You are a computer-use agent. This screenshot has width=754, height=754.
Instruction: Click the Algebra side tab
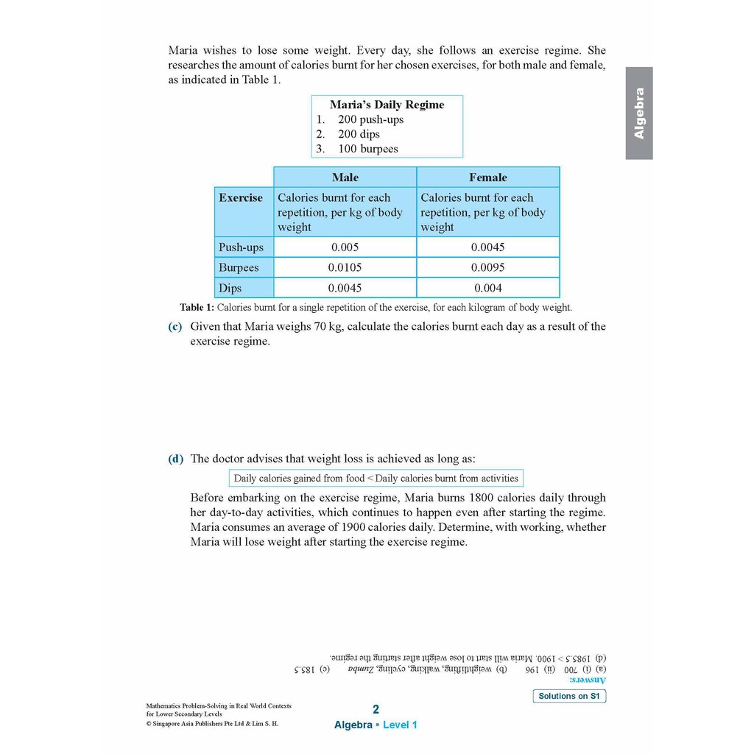point(638,113)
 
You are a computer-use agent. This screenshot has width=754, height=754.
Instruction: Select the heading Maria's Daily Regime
point(387,105)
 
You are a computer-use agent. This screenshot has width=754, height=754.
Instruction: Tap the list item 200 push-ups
point(370,119)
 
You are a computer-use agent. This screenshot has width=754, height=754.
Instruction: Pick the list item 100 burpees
point(367,149)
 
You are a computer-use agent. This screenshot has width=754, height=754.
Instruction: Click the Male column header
point(345,177)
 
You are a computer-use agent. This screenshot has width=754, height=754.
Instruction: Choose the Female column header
point(487,177)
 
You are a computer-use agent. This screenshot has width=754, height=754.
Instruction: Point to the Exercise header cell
point(240,197)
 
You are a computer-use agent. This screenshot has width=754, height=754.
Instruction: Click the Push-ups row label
point(241,247)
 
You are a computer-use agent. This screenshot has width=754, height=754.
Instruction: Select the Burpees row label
point(239,267)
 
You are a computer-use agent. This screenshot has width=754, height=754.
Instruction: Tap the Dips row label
point(230,288)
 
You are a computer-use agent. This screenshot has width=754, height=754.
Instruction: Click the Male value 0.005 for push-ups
point(345,247)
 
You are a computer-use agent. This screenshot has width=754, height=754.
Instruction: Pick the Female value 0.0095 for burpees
point(487,267)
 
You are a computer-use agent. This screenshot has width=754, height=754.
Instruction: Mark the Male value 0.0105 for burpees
point(345,267)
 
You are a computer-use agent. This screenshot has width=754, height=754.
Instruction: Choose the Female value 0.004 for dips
point(487,288)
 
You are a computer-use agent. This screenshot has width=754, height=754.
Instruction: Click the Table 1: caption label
point(197,308)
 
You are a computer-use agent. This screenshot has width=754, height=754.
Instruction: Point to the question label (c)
point(175,326)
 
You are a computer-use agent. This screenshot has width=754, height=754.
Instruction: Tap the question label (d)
point(175,459)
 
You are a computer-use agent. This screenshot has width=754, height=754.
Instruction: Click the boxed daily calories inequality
point(376,478)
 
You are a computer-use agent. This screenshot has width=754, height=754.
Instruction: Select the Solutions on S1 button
point(569,696)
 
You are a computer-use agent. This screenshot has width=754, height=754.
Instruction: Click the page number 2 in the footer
point(376,710)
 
